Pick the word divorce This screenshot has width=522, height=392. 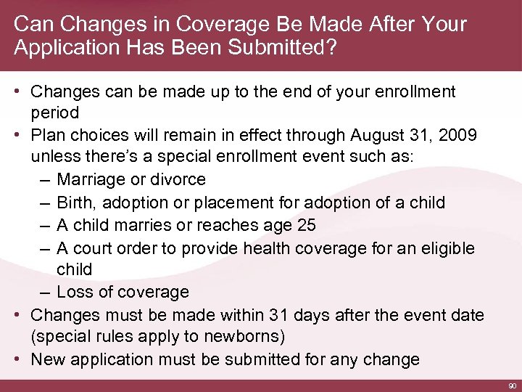tap(181, 179)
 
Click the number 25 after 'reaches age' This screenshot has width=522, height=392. tap(306, 225)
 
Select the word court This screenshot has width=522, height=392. tap(93, 248)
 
